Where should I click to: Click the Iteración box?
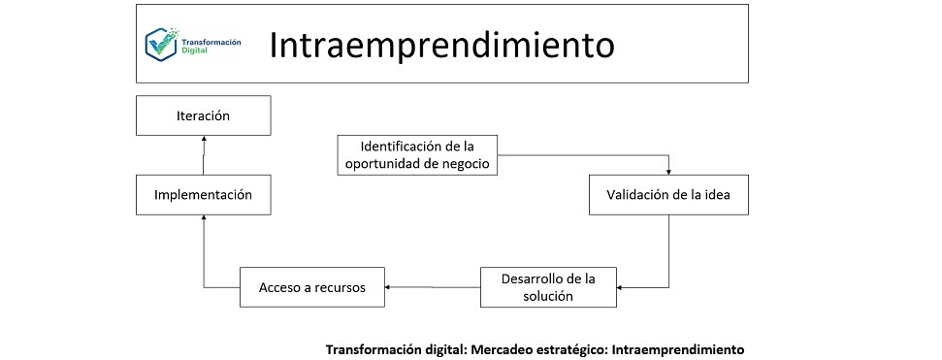click(x=203, y=115)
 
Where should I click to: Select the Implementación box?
click(x=203, y=195)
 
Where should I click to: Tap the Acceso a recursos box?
click(x=312, y=287)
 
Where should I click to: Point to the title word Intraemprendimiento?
click(x=441, y=45)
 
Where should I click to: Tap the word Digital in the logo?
click(x=192, y=50)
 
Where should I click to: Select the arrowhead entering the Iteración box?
click(x=204, y=139)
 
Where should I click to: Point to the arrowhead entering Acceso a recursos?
click(x=389, y=287)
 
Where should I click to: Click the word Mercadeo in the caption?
click(x=503, y=348)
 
